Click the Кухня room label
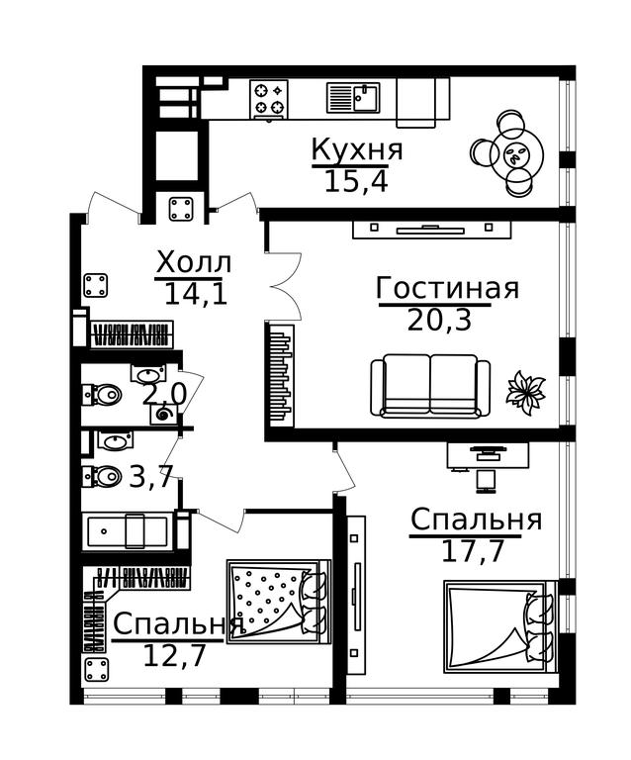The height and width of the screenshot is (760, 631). pos(357,148)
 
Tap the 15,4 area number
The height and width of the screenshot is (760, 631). pos(356,182)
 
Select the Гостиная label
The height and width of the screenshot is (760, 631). pos(447,287)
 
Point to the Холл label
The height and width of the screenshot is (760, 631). pos(194,263)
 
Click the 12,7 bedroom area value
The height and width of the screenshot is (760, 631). pos(175,656)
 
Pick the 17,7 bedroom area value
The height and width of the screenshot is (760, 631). pos(473,551)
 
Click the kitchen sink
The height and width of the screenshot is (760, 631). pos(353,97)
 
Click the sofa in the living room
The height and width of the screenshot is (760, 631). pos(430,386)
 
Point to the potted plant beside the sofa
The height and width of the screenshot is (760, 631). pos(525,392)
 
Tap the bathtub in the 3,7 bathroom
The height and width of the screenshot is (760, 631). pos(129,531)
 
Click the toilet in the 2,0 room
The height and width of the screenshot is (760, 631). pos(102,394)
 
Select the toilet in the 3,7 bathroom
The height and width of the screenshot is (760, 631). pos(102,476)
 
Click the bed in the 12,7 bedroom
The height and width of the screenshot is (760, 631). pos(279,602)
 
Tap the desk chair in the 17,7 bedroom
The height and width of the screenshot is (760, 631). pos(486,480)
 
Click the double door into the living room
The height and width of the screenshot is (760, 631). pos(287,286)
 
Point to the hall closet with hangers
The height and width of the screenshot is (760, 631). pos(132,334)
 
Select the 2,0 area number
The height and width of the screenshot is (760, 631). pos(164,395)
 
